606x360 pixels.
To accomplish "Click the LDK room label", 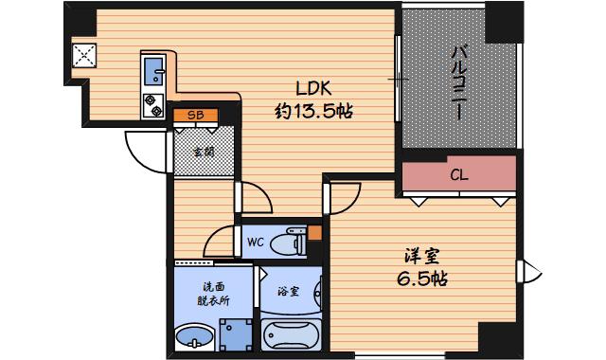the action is coord(313,88).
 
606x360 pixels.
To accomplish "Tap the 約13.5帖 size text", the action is coord(313,112).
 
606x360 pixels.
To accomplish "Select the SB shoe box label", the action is coord(196,116).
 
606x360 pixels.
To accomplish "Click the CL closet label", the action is coord(459,175).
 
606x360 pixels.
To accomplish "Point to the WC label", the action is coord(256,243).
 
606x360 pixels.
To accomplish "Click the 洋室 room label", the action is coord(422,256).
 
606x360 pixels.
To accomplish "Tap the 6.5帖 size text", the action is coord(422,279).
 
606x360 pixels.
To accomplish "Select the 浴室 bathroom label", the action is coord(288,291).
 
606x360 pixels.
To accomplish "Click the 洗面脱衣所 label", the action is coord(214,294).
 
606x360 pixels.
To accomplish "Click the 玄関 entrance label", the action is coord(204,152).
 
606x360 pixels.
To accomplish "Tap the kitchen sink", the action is coord(154,72).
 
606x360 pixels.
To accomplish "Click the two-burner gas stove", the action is coord(153,105).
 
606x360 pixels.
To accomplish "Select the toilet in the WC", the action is coord(288,243).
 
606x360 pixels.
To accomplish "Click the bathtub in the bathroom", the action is coord(291,334).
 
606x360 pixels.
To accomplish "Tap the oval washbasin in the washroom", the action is coord(194,336).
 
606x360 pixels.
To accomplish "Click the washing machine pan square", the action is coord(236,334).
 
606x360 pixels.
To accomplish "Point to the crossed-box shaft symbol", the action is coord(84,55).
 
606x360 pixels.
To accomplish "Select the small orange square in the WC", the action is coord(314,233).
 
